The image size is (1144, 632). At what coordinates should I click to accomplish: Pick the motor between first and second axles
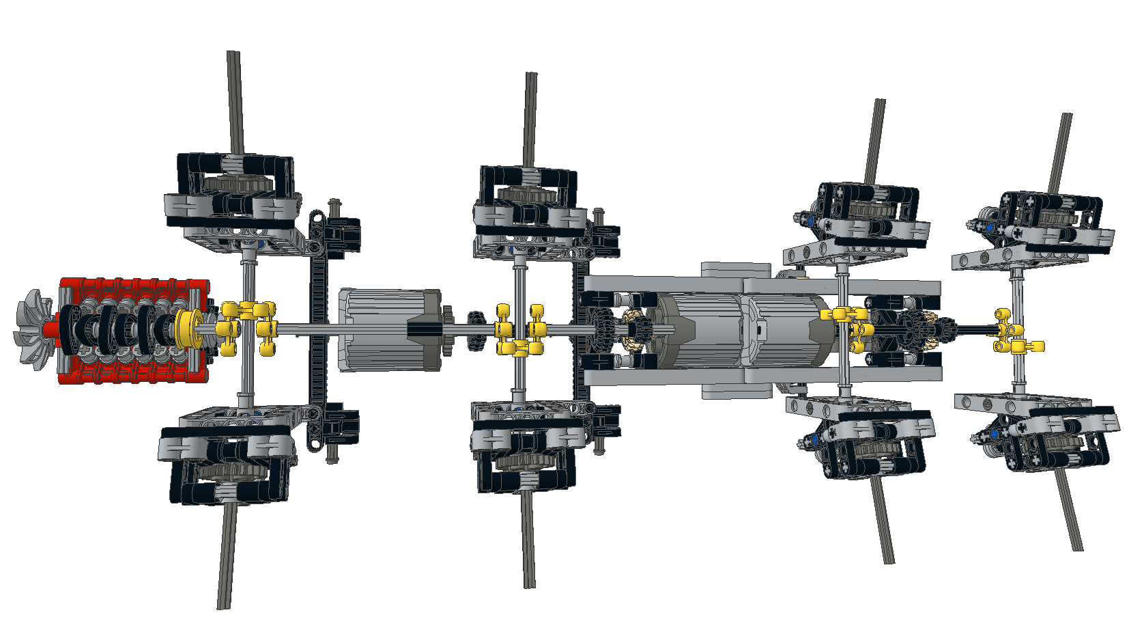tap(389, 329)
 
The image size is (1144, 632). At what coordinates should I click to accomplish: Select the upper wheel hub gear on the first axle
tap(235, 183)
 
